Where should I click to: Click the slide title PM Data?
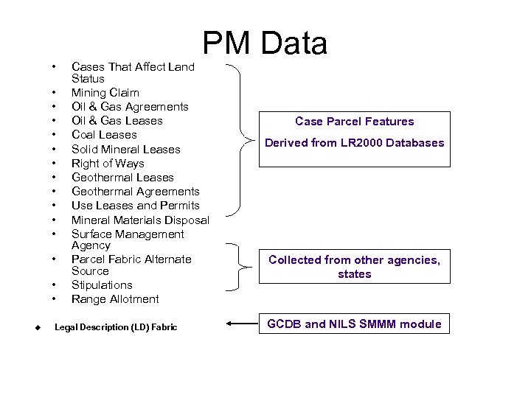tap(265, 44)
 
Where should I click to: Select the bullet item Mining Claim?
tap(105, 93)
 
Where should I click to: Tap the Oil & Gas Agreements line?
tap(130, 107)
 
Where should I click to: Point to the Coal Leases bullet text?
tap(104, 135)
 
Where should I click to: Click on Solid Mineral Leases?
tap(125, 150)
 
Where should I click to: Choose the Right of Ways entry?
tap(108, 164)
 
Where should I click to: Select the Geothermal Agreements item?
tap(135, 192)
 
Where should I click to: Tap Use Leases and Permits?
tap(135, 206)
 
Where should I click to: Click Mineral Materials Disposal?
tap(140, 220)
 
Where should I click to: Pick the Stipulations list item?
tap(102, 285)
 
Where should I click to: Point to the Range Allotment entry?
tap(115, 299)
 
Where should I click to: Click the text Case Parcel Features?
tap(355, 122)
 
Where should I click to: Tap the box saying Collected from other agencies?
tap(355, 267)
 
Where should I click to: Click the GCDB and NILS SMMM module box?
tap(355, 324)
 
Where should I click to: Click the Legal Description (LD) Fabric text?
tap(116, 327)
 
